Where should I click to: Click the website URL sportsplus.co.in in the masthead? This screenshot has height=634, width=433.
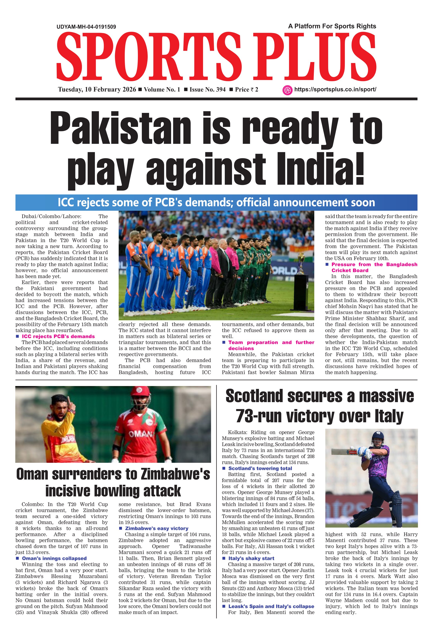335,90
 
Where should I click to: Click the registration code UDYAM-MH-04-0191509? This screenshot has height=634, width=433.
86,27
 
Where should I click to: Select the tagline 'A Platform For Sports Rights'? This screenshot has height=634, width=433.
332,26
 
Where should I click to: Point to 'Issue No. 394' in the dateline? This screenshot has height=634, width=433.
207,90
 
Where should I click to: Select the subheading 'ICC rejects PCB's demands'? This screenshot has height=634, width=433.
58,336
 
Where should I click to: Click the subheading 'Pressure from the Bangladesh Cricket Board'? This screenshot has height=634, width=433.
374,267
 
